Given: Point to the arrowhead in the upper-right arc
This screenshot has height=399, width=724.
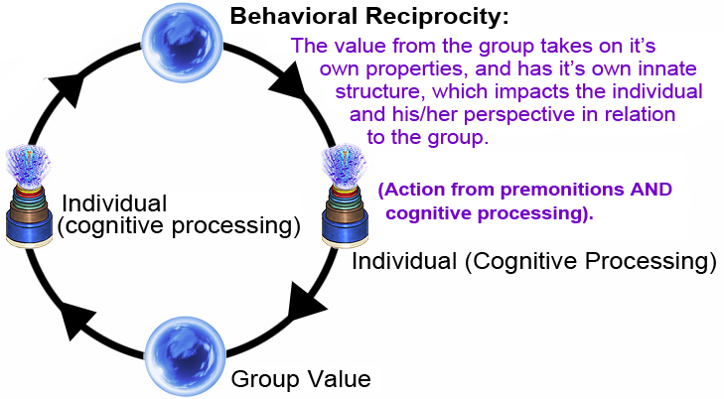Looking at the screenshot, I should click(296, 81).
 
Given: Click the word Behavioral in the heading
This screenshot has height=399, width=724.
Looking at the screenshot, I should click(287, 17).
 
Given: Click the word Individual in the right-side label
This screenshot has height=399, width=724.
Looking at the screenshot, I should click(401, 263).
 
